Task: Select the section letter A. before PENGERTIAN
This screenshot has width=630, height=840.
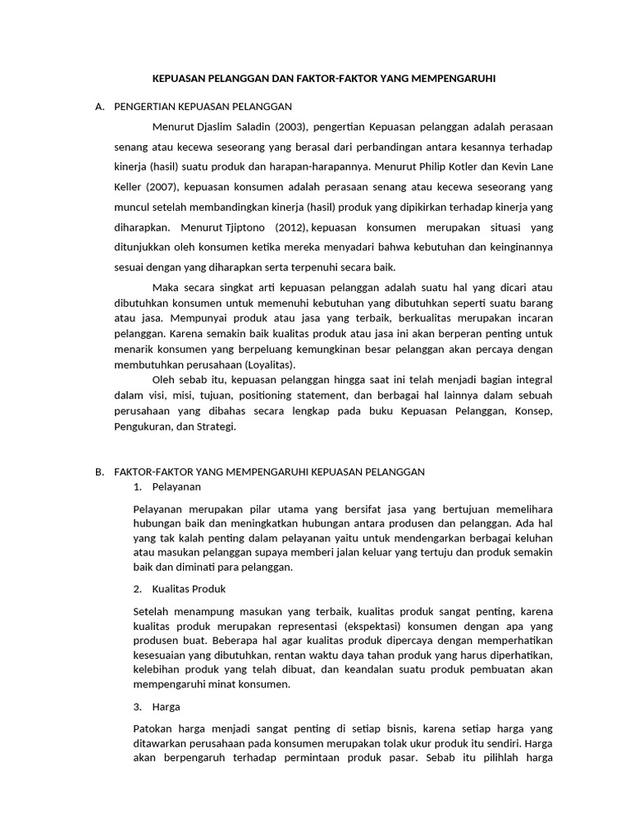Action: click(x=100, y=107)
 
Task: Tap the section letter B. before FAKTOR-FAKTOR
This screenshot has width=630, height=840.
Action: click(x=100, y=472)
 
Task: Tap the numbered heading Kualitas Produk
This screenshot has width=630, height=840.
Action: click(x=188, y=589)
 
